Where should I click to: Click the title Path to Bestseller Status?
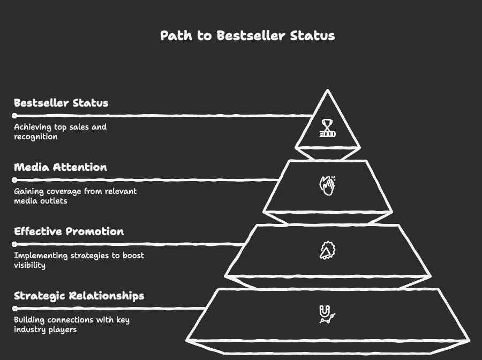click(247, 36)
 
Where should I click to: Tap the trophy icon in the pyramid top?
click(327, 128)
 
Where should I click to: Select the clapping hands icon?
click(327, 185)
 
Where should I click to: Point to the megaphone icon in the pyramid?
click(327, 251)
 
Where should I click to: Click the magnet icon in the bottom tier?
click(327, 314)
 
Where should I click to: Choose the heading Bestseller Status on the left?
click(61, 103)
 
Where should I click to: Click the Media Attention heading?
click(61, 167)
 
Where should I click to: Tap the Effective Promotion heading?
click(69, 231)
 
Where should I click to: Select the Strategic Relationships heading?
click(79, 296)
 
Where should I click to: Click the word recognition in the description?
click(35, 137)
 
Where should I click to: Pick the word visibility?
click(29, 265)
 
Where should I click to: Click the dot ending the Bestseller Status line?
click(15, 115)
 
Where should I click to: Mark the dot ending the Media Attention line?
click(15, 179)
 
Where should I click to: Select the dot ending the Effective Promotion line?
click(15, 244)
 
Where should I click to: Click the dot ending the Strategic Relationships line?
click(15, 308)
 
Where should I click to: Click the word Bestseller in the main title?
click(252, 36)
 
